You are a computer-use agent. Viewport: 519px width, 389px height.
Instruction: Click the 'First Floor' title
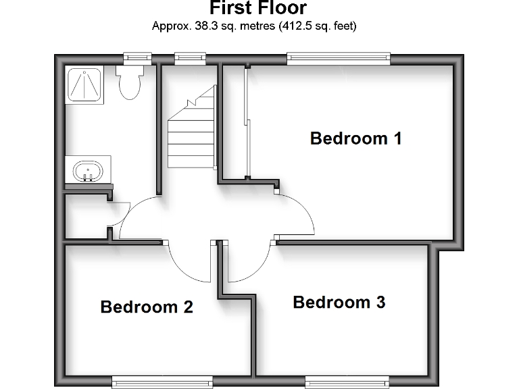click(x=258, y=9)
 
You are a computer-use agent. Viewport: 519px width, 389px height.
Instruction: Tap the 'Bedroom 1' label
click(x=355, y=138)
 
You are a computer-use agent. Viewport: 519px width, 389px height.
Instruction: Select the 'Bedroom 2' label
click(x=147, y=307)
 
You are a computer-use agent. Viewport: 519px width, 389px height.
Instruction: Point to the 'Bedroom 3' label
click(x=339, y=302)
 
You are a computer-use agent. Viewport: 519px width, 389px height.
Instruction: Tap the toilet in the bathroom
click(x=128, y=80)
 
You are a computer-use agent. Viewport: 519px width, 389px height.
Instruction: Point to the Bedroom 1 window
click(x=339, y=59)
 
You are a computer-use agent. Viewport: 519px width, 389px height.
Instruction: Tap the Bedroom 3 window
click(x=347, y=381)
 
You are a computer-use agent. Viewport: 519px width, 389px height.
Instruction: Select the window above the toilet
click(x=133, y=59)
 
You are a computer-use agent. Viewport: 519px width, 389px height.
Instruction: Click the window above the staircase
click(x=190, y=59)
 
